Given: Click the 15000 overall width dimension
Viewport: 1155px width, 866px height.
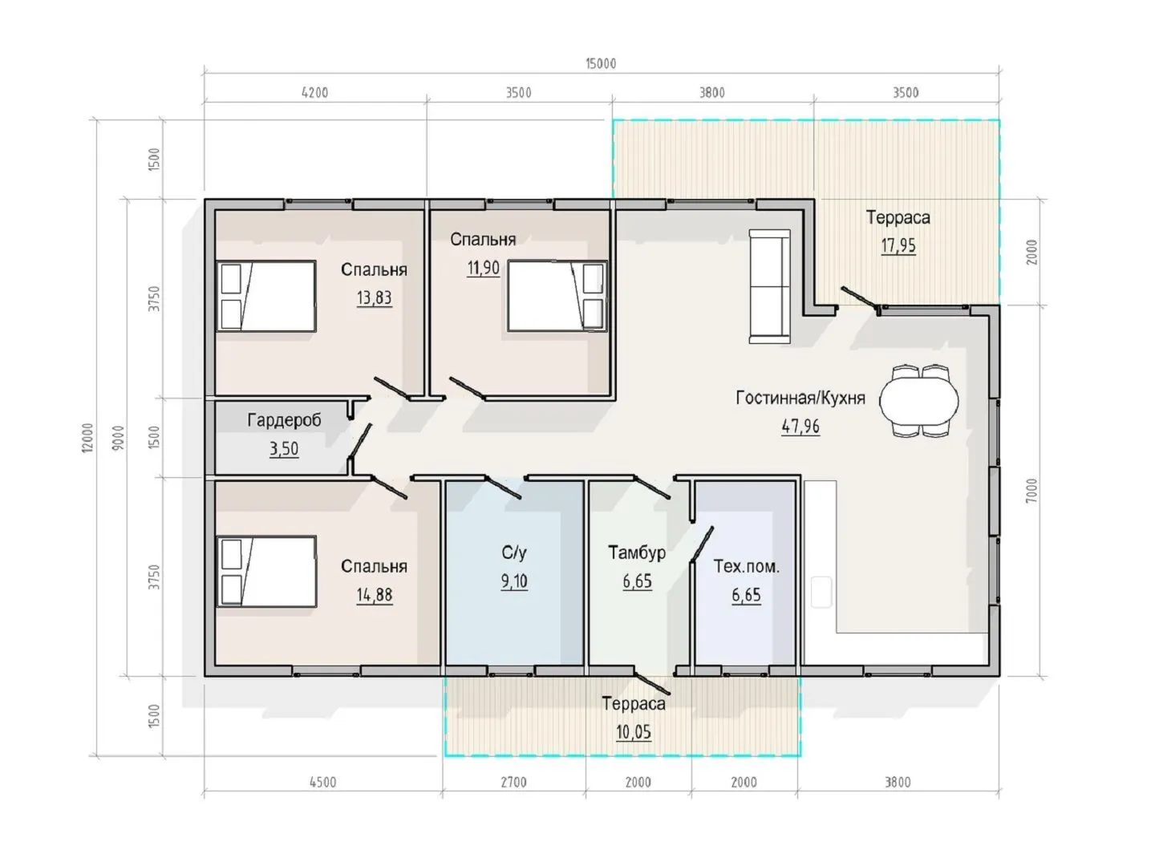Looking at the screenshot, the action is click(601, 63).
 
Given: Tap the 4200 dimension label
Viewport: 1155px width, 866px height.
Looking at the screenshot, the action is click(314, 93).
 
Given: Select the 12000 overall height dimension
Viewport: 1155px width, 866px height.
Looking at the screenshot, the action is click(88, 437).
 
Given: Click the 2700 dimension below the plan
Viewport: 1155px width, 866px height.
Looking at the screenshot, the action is click(513, 783).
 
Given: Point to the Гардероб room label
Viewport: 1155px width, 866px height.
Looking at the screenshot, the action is click(284, 420).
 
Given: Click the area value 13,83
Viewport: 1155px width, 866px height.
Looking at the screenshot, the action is click(374, 297).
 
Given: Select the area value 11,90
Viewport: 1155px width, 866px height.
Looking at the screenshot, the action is click(483, 268).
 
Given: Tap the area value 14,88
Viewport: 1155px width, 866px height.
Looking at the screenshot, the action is click(374, 595).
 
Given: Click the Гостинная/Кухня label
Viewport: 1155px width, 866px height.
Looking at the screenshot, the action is click(800, 398).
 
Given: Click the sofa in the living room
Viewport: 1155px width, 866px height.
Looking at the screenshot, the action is click(769, 286).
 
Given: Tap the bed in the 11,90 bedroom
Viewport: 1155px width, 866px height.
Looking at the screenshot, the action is click(557, 296).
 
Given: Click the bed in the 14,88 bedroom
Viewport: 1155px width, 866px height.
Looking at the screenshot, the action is click(266, 572).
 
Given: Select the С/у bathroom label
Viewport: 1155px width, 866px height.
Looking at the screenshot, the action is click(514, 552).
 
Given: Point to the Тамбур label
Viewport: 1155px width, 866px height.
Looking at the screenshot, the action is click(637, 552).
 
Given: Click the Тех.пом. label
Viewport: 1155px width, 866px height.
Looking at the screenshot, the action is click(746, 566).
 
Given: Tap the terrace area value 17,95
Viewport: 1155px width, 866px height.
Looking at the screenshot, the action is click(898, 245).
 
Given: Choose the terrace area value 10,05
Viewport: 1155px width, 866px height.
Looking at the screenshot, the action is click(634, 732).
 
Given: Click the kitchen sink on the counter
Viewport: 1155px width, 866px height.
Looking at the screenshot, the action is click(821, 592).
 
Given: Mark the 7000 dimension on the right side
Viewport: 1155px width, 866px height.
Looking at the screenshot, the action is click(1031, 490).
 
